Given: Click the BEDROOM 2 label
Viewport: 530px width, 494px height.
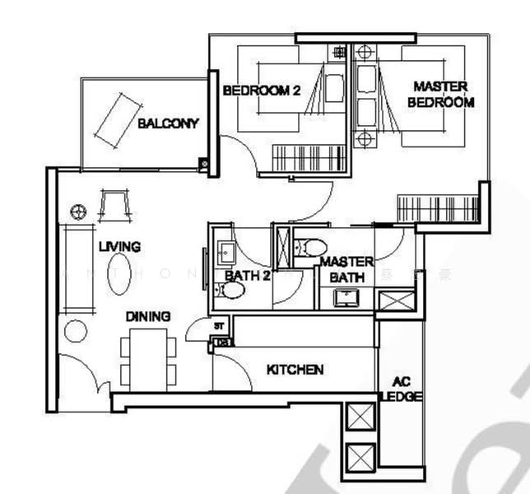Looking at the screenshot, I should pyautogui.click(x=261, y=91).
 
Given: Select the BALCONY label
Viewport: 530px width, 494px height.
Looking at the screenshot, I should pyautogui.click(x=168, y=124).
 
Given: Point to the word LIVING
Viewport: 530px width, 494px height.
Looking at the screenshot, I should pyautogui.click(x=119, y=246).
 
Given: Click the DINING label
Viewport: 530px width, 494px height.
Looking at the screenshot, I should pyautogui.click(x=148, y=316).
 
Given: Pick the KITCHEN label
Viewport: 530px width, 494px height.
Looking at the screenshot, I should pyautogui.click(x=295, y=370).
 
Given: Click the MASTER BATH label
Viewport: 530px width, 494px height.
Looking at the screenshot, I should pyautogui.click(x=346, y=269).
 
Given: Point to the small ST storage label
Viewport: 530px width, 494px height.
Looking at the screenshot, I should pyautogui.click(x=219, y=326).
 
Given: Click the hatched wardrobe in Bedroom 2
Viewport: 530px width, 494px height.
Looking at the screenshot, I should pyautogui.click(x=306, y=157).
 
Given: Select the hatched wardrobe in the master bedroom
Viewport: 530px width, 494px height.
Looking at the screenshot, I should pyautogui.click(x=437, y=207).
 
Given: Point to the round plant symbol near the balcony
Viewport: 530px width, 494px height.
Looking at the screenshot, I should pyautogui.click(x=78, y=210).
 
